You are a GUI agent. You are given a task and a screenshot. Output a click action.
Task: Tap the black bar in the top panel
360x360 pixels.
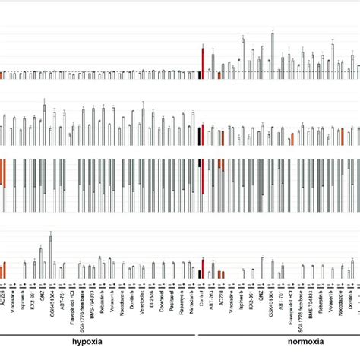click(x=198, y=74)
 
